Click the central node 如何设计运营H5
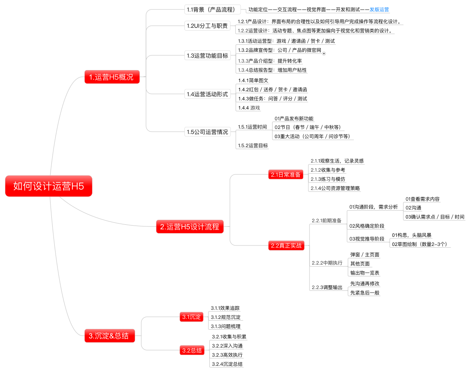[x=48, y=186]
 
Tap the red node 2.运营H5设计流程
[x=189, y=227]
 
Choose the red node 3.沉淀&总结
[x=111, y=336]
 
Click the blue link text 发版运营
[x=379, y=9]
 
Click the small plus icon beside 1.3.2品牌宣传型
[x=324, y=53]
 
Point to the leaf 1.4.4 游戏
[x=249, y=108]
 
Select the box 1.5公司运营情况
[x=207, y=132]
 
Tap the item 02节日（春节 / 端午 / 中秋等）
[x=308, y=127]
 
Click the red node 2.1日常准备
[x=286, y=175]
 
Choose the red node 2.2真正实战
[x=286, y=246]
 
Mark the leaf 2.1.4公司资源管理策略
[x=335, y=188]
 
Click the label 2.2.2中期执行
[x=327, y=263]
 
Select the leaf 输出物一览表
[x=365, y=273]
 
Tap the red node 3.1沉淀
[x=191, y=317]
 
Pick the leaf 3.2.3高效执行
[x=227, y=355]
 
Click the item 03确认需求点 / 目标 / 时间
[x=435, y=217]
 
